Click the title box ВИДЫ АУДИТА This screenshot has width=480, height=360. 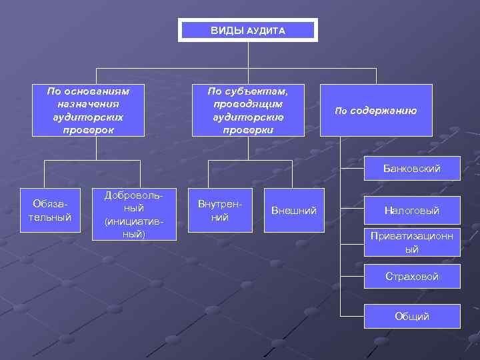click(x=247, y=30)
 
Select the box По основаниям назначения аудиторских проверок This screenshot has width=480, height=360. click(x=88, y=110)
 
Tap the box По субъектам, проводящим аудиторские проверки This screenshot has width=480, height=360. click(x=248, y=110)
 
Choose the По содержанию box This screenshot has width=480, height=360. click(x=376, y=110)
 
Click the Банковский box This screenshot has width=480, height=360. click(x=412, y=169)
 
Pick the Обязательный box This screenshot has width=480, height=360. click(x=46, y=210)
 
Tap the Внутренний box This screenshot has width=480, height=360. click(x=219, y=210)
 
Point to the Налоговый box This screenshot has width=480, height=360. click(x=412, y=211)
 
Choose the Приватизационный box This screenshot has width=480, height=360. click(x=412, y=243)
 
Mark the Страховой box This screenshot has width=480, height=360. click(x=412, y=276)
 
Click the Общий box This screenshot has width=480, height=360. click(x=412, y=316)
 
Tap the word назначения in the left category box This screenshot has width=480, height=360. click(x=88, y=104)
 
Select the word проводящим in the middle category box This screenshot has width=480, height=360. click(x=248, y=104)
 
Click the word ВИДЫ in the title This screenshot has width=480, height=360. click(x=227, y=31)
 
